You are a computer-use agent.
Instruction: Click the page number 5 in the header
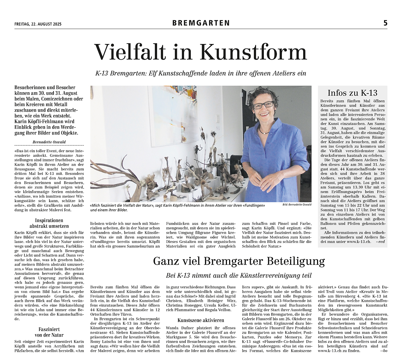click(385, 23)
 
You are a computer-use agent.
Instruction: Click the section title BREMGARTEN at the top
click(201, 23)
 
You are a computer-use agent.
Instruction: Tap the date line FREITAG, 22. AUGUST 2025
click(38, 24)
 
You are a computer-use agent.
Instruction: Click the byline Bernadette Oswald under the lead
click(50, 142)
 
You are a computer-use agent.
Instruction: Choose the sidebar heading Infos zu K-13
click(352, 93)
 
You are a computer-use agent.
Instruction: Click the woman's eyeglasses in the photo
click(263, 105)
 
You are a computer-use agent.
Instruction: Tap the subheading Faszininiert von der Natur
click(49, 332)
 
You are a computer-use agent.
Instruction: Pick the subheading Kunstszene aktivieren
click(201, 320)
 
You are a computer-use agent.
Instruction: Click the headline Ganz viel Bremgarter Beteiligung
click(239, 261)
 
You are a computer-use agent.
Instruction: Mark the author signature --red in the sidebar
click(381, 242)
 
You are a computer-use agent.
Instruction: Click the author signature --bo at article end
click(383, 351)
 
